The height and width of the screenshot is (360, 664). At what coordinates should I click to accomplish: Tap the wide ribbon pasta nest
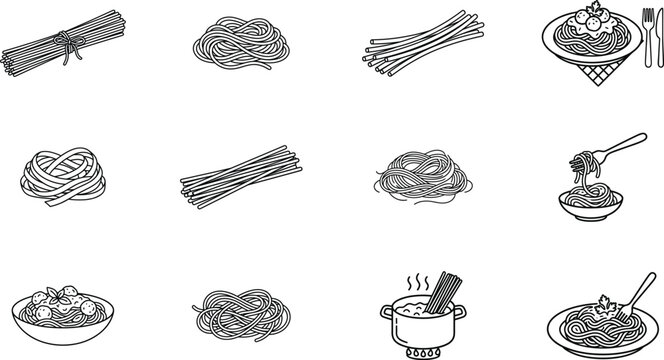click(59, 176)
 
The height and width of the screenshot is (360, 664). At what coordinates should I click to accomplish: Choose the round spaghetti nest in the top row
click(236, 44)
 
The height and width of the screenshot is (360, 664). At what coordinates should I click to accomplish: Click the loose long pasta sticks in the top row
click(416, 45)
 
